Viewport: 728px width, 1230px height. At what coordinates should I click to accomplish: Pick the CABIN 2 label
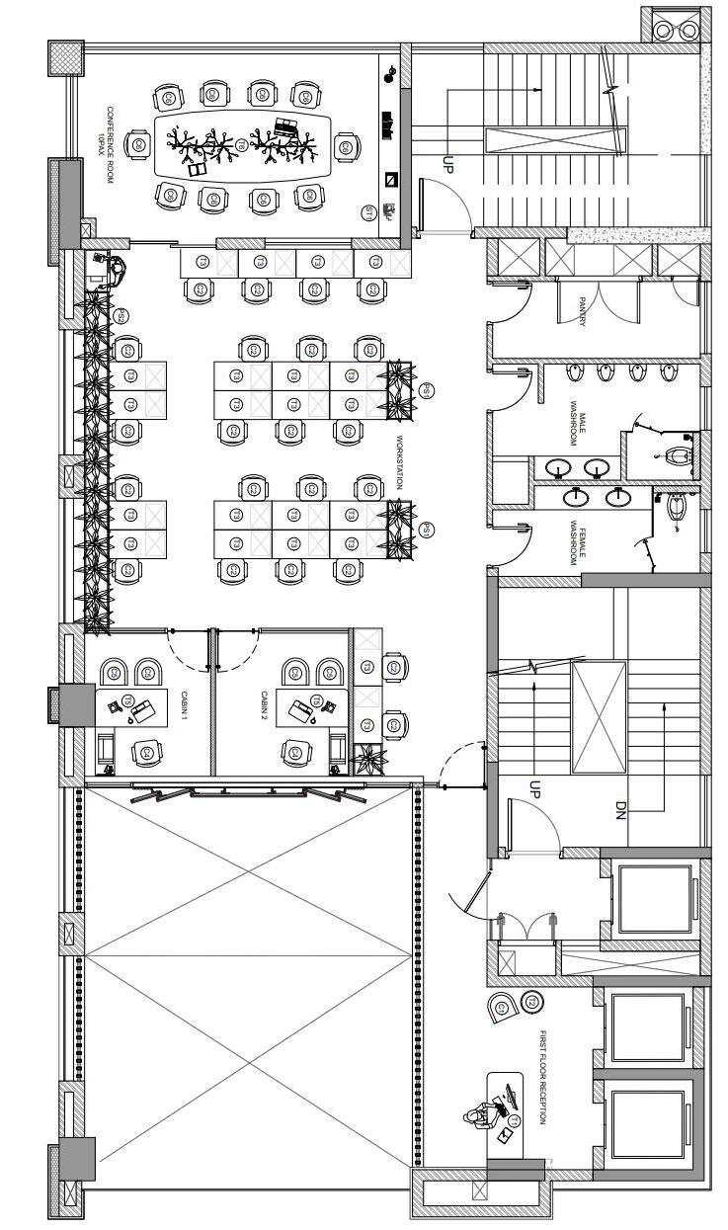click(264, 707)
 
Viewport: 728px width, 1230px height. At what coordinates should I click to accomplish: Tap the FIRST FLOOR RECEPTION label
click(542, 1078)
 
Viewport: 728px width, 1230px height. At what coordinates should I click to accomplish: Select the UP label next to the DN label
click(534, 788)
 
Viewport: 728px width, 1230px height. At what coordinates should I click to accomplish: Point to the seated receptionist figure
click(476, 1115)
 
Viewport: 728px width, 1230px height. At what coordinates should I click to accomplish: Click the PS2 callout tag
click(121, 316)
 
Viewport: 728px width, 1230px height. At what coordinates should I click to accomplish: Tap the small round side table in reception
click(530, 1004)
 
